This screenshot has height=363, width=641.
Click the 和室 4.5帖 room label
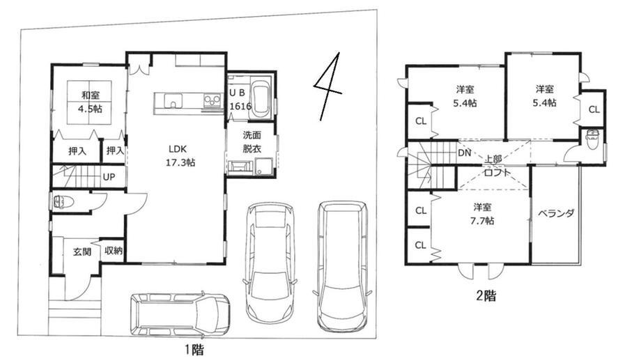[91, 102]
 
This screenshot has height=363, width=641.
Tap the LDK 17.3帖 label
[180, 155]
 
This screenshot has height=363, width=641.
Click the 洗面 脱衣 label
[252, 141]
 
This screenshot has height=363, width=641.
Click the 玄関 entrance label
[82, 252]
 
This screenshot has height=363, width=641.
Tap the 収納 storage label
[114, 250]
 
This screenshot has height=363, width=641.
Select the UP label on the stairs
[109, 178]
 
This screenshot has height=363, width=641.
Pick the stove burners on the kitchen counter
[213, 100]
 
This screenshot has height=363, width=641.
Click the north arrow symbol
[328, 86]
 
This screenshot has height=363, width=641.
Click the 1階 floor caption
[194, 350]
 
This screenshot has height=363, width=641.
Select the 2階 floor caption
[486, 295]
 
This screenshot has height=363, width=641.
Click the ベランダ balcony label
[556, 213]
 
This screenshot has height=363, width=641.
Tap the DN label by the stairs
[465, 153]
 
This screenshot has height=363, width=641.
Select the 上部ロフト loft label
[496, 165]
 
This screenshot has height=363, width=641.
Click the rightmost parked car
[342, 265]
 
